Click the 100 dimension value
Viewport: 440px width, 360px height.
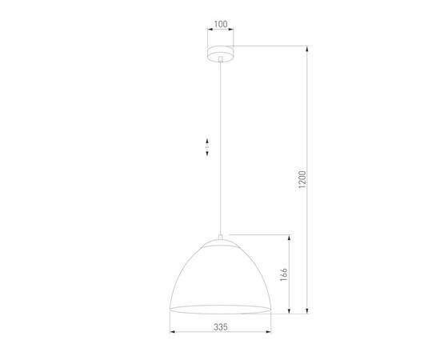click(x=220, y=25)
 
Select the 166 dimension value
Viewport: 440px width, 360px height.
click(x=285, y=273)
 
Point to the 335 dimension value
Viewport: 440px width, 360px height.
click(x=221, y=327)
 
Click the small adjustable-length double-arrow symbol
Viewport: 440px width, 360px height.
click(x=206, y=147)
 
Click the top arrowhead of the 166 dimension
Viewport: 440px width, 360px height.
click(x=290, y=237)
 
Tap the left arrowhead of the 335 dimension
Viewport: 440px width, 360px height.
click(x=172, y=332)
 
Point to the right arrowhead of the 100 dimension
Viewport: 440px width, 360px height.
click(x=234, y=32)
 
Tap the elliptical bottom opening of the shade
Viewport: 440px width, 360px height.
click(x=220, y=308)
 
